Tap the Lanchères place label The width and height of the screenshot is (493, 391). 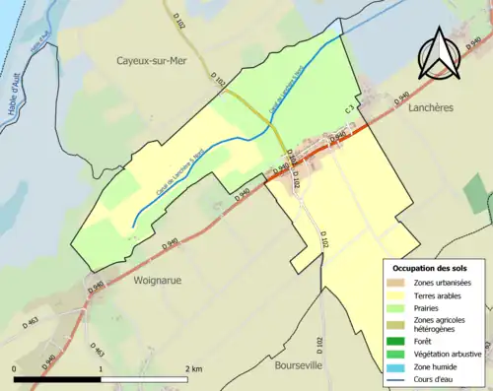[429, 108]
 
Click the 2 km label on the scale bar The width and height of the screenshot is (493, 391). [193, 369]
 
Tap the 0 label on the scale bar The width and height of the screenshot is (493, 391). [15, 369]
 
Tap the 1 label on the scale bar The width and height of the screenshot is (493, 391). [102, 369]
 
